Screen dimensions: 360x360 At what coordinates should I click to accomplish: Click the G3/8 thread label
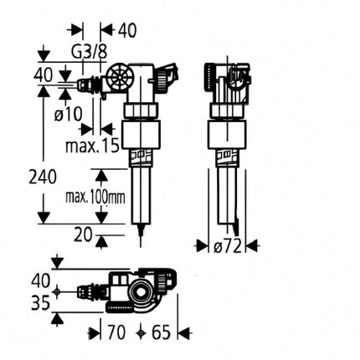(89, 52)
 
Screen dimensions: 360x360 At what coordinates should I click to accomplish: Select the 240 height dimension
(43, 177)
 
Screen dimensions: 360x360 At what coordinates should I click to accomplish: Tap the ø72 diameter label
(227, 246)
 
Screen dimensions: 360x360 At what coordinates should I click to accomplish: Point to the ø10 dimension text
(69, 114)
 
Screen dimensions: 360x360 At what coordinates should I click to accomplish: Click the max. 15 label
(92, 145)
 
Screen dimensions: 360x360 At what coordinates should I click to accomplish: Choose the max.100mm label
(95, 198)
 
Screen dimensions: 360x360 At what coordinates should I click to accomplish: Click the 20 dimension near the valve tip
(83, 234)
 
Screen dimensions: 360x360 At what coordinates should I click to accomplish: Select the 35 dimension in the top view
(40, 303)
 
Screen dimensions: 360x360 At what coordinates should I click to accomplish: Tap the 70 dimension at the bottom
(116, 332)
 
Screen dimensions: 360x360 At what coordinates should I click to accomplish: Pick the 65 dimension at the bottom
(161, 332)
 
